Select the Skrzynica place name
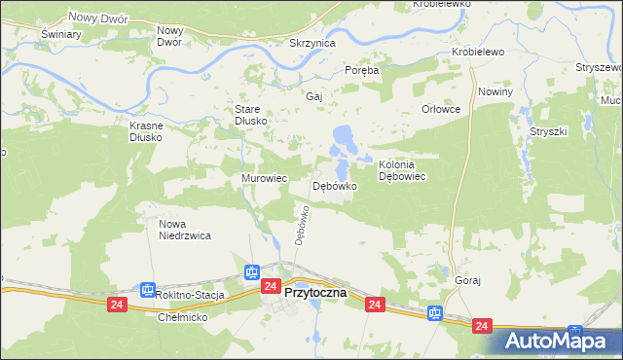[312, 44]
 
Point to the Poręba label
[362, 70]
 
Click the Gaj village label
[313, 97]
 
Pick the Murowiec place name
[264, 179]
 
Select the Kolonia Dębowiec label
[404, 170]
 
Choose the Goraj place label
[468, 280]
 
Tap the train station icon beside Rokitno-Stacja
[147, 290]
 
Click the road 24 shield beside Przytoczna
[271, 286]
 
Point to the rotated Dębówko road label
[302, 225]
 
